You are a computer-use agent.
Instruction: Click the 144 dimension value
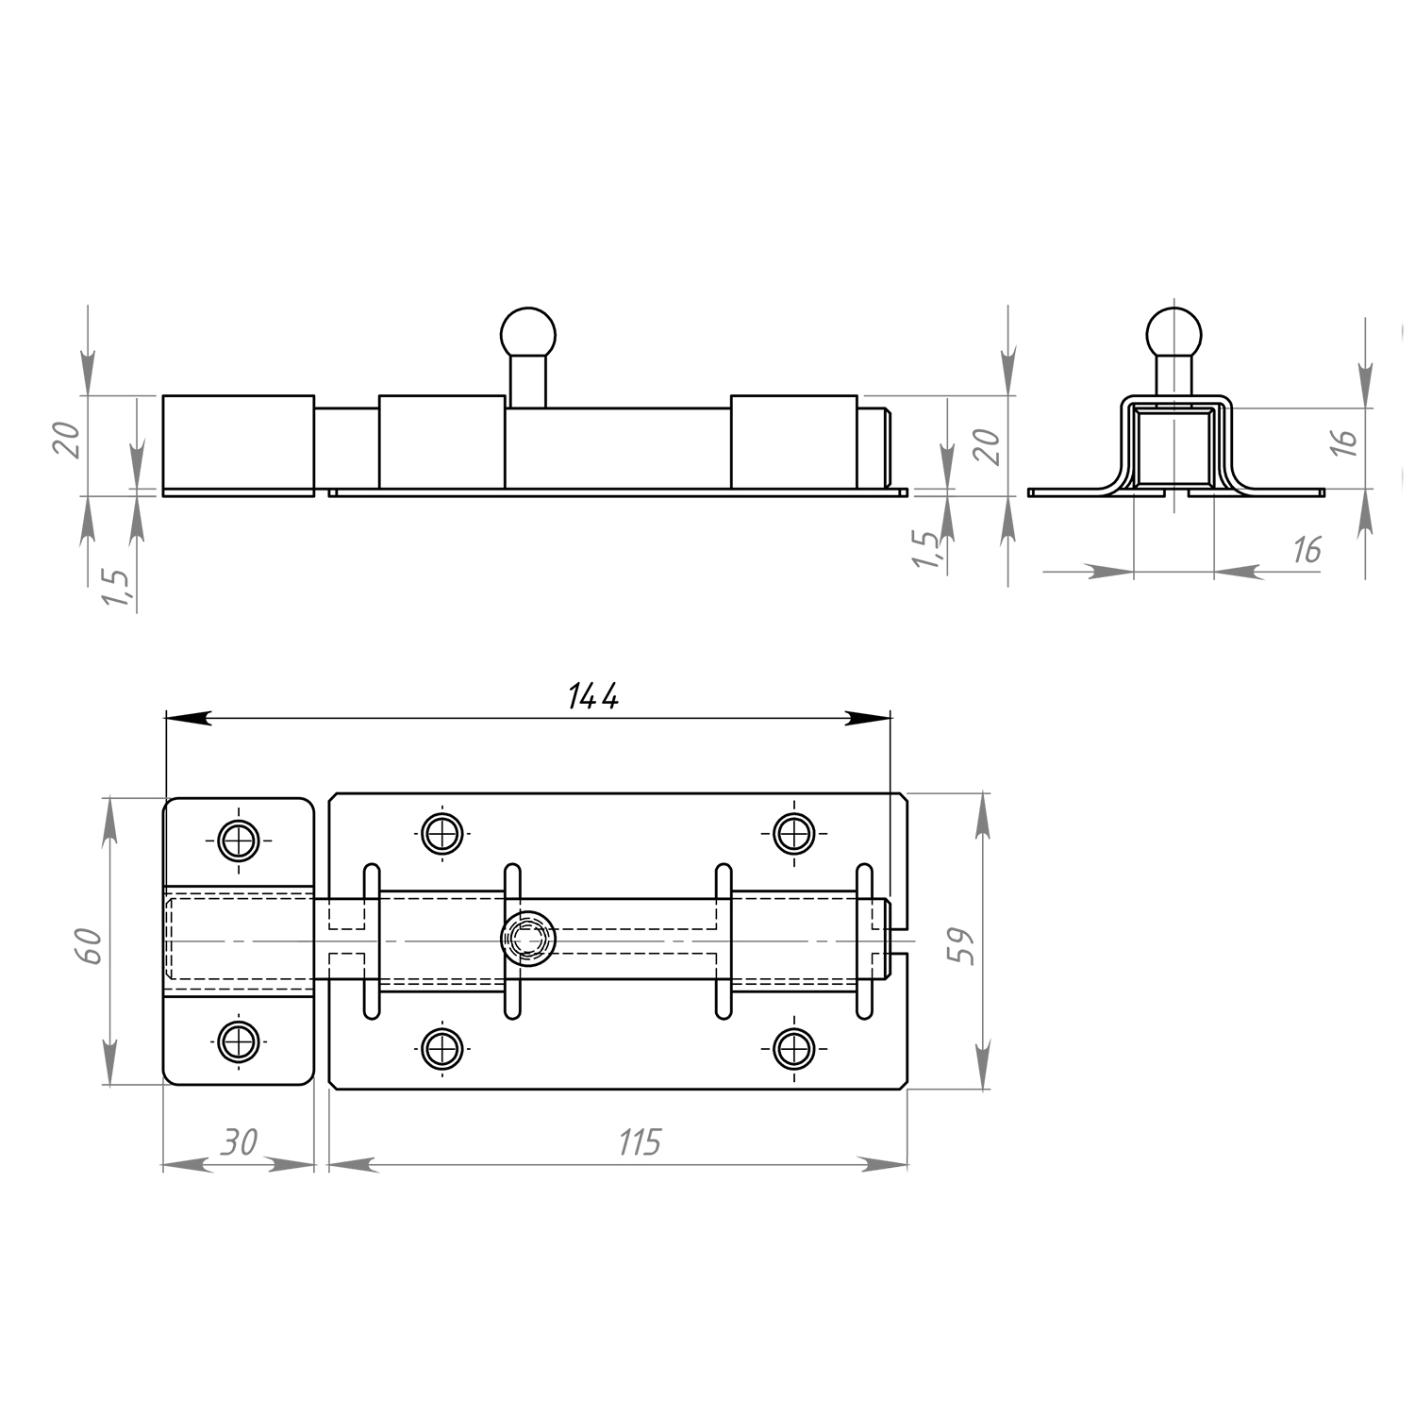pos(593,696)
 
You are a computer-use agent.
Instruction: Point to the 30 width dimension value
pos(239,1142)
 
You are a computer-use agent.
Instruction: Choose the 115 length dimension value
pos(640,1142)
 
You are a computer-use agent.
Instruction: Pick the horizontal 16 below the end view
pos(1307,549)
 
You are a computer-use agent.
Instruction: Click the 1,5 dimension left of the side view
pos(117,587)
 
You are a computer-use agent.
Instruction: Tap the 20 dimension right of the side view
pos(985,445)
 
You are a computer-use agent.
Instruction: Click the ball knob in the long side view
pos(528,333)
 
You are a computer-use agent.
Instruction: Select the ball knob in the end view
pos(1174,333)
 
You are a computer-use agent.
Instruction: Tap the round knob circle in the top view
pos(528,939)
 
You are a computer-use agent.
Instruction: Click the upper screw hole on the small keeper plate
pos(239,840)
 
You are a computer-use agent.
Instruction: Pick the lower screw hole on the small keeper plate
pos(239,1041)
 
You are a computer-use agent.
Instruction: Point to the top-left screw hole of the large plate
pos(441,833)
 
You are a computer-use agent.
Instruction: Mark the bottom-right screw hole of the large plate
pos(794,1048)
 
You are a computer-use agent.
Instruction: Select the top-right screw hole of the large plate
pos(794,833)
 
